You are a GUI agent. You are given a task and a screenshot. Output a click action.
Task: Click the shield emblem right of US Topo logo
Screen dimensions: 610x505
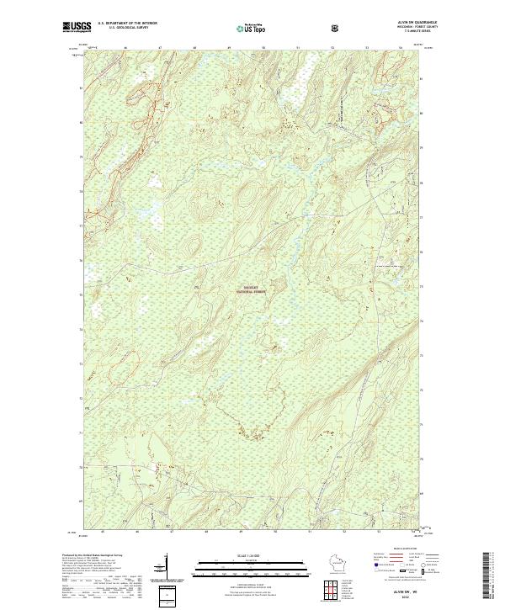(x=336, y=27)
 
